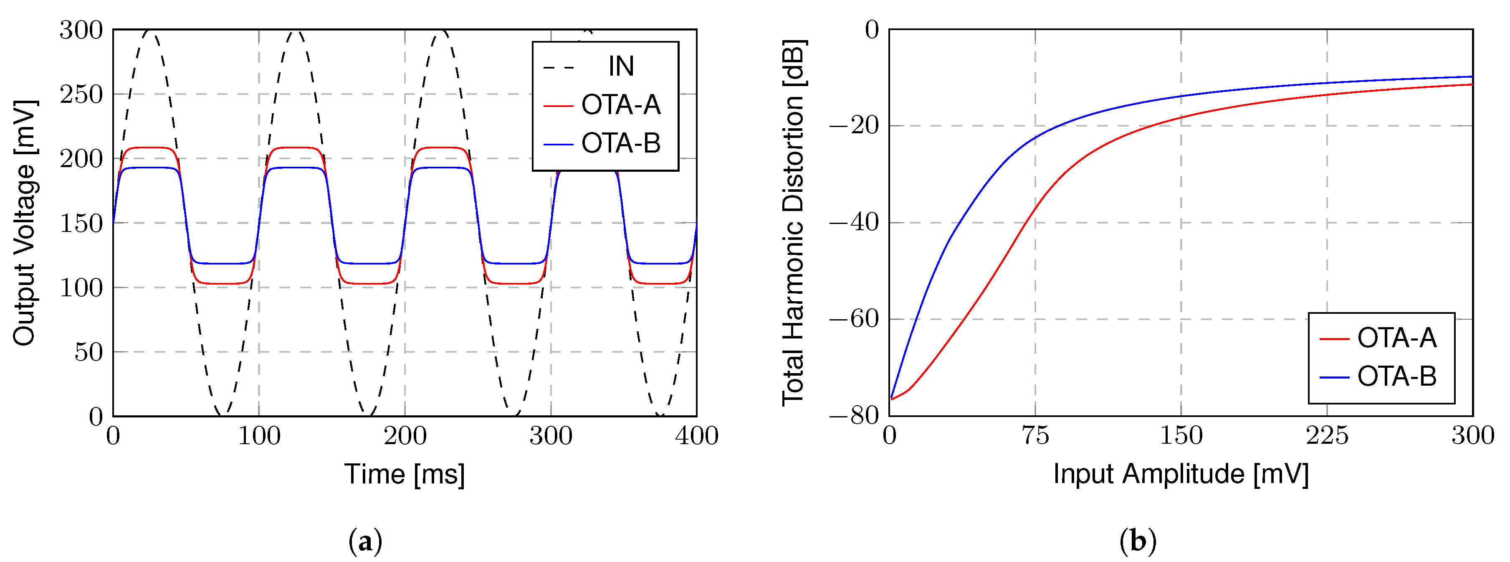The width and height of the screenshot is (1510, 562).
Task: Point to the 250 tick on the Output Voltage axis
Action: tap(81, 94)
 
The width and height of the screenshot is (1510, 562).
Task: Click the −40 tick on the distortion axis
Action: tap(855, 223)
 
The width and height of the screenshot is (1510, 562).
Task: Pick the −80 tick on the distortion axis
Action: tap(855, 416)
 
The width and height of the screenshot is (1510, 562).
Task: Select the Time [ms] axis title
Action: tap(405, 474)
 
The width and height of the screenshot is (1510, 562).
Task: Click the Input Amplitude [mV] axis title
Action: tap(1181, 474)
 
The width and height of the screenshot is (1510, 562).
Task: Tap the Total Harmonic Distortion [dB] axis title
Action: tap(794, 223)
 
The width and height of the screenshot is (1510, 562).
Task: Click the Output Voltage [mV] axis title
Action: tap(25, 223)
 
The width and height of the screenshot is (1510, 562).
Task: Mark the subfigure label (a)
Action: tap(365, 541)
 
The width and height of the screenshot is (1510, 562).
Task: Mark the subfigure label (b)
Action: tap(1138, 541)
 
